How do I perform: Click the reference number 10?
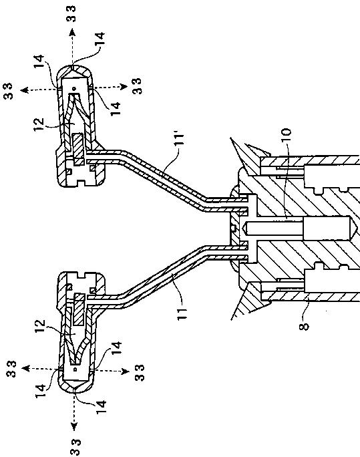pos(286,135)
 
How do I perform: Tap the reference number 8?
pos(304,327)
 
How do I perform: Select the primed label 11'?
pos(180,139)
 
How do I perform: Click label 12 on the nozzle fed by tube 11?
pos(40,327)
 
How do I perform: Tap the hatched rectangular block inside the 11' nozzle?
pos(79,149)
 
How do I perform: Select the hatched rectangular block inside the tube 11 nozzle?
pos(79,309)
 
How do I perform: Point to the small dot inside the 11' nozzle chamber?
pos(74,88)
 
